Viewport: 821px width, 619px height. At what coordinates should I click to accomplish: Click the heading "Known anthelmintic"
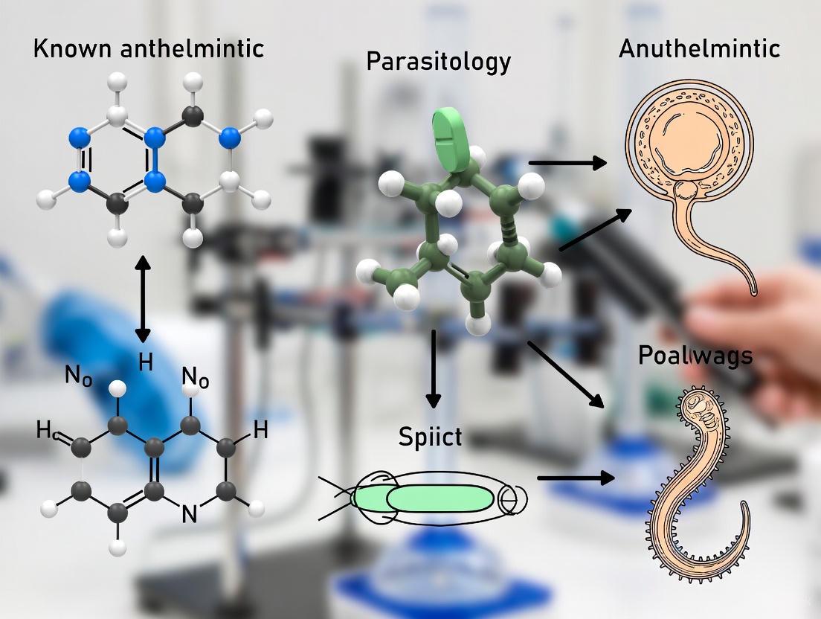pyautogui.click(x=148, y=48)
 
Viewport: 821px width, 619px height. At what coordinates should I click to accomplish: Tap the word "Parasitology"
pyautogui.click(x=439, y=61)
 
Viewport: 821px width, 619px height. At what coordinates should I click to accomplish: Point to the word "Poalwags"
pyautogui.click(x=695, y=356)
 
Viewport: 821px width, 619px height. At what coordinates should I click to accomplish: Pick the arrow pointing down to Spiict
pyautogui.click(x=431, y=372)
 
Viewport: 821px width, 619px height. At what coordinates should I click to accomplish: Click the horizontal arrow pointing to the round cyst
pyautogui.click(x=567, y=161)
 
